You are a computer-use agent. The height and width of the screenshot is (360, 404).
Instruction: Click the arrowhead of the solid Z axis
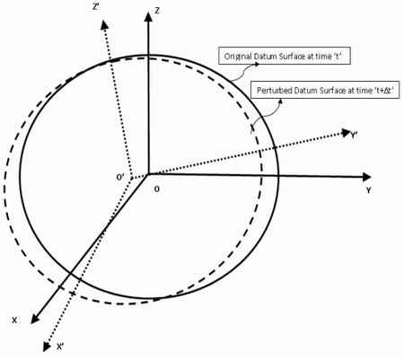[148, 17]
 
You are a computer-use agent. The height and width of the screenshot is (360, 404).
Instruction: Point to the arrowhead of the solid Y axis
[366, 177]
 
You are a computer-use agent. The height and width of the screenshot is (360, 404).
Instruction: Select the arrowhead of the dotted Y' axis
[347, 132]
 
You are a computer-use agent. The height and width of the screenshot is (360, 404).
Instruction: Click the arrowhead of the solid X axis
[36, 319]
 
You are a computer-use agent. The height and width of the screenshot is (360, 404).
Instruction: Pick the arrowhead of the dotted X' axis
[47, 347]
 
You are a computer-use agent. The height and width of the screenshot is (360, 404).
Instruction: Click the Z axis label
[157, 11]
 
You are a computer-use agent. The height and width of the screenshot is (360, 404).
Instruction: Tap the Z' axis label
[96, 7]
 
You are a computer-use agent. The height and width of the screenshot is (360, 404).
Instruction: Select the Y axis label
[368, 190]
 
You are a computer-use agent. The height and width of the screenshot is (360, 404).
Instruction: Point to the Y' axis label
[354, 136]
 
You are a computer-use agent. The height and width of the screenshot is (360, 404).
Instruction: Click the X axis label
[14, 320]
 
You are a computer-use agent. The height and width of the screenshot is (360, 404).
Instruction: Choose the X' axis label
[60, 347]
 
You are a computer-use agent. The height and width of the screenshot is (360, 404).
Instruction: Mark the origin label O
[157, 189]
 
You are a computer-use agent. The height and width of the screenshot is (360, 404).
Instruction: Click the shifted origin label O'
[120, 178]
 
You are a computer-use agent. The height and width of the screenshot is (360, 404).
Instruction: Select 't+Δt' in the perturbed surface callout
[384, 91]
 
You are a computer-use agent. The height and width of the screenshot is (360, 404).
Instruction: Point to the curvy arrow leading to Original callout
[244, 72]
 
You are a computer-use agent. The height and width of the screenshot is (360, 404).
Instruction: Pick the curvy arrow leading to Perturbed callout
[268, 115]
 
